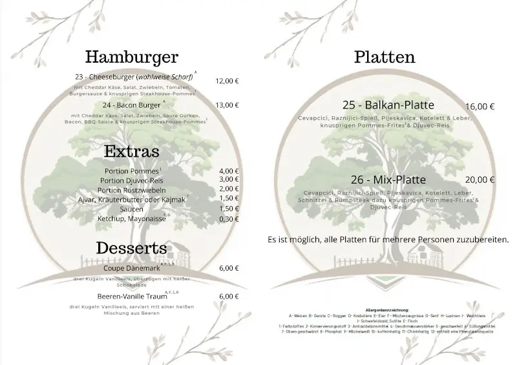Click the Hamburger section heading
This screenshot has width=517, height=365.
click(x=131, y=57)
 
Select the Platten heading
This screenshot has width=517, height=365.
click(x=385, y=57)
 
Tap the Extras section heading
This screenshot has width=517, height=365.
click(x=132, y=152)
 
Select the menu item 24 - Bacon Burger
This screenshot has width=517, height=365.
click(x=131, y=105)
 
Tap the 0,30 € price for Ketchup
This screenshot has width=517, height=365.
click(x=229, y=219)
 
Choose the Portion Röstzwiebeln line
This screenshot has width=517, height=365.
click(x=132, y=190)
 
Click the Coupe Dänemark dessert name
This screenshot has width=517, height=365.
click(x=127, y=268)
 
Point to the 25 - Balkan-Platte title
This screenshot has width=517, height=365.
click(x=388, y=105)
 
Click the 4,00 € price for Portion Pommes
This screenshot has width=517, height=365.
click(x=229, y=171)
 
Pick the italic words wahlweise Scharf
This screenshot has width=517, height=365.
click(x=164, y=78)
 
